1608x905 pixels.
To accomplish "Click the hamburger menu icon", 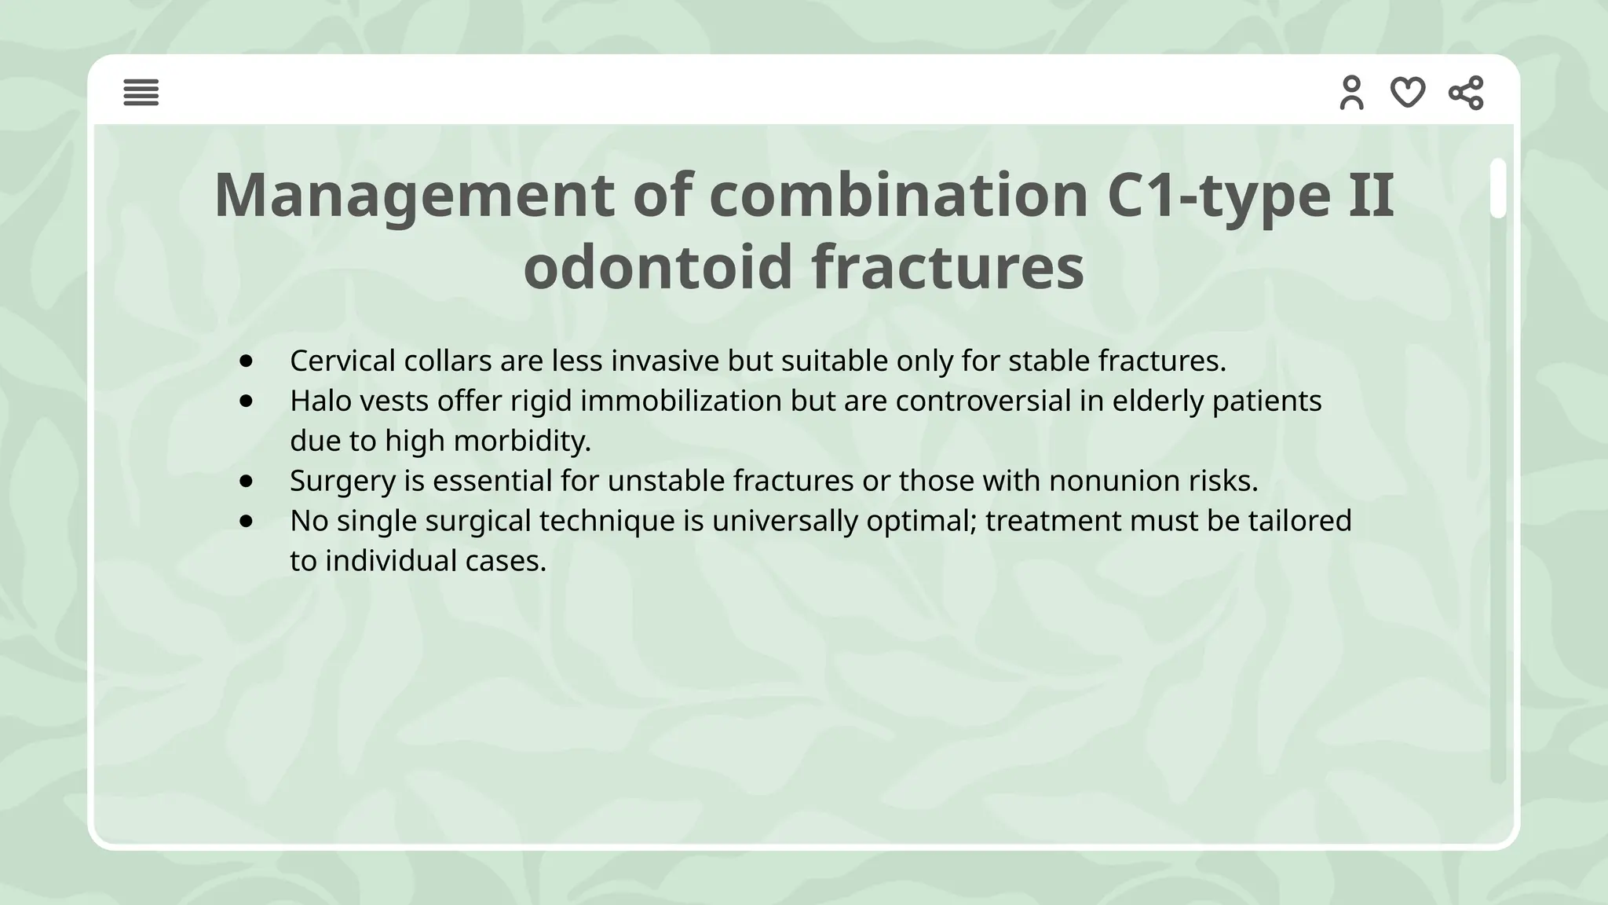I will tap(141, 93).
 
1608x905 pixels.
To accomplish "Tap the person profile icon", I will tap(1351, 93).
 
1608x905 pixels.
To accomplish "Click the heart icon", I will tap(1408, 93).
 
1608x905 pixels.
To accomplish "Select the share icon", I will tap(1466, 93).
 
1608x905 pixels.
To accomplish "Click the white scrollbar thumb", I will tap(1498, 188).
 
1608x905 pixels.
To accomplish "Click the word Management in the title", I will tap(414, 195).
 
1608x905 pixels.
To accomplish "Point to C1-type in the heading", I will tap(1219, 195).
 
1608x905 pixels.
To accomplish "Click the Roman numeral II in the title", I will tap(1371, 195).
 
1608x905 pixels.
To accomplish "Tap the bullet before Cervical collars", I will tap(247, 361).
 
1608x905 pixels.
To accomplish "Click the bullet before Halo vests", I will tap(247, 401).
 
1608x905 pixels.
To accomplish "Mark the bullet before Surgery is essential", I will tap(247, 481).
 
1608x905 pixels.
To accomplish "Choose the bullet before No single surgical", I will tap(247, 521).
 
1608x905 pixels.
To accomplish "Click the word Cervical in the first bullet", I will tap(342, 361).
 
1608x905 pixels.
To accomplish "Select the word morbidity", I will tap(522, 442).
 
